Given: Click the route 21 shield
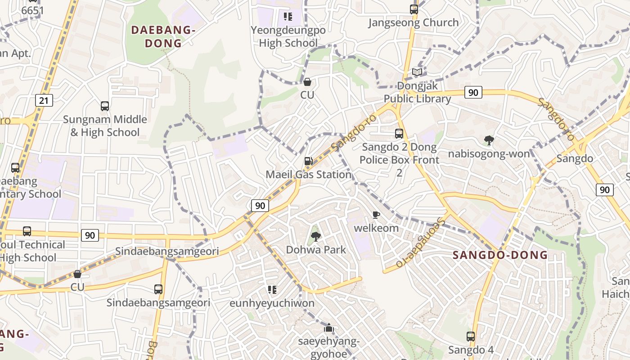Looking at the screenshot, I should point(44,100).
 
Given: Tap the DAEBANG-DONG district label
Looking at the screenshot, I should point(163,36).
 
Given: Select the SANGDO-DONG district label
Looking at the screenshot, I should point(500,255).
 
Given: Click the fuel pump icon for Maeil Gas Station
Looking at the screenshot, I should point(308,161).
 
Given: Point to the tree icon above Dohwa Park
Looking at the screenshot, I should point(316,236).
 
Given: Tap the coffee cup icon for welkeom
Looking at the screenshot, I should point(376,215).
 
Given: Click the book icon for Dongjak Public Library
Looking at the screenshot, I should point(417,72).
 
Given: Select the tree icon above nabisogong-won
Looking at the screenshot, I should point(489,140).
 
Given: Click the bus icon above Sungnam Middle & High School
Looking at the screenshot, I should point(104,106).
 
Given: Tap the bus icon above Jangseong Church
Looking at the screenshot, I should point(414,9).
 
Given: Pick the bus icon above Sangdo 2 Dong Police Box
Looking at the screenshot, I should point(399,133).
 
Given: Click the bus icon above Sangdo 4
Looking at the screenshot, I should point(470,336).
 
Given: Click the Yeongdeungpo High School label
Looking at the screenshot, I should point(288,36).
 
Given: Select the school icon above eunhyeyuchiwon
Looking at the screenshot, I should point(272,289).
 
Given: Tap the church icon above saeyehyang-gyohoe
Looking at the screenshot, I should point(329,328).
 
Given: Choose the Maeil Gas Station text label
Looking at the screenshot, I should point(308,174).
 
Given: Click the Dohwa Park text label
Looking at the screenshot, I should point(316,249).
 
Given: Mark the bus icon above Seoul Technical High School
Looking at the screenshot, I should point(27,231).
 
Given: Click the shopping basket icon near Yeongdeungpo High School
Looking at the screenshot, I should point(307,82).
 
